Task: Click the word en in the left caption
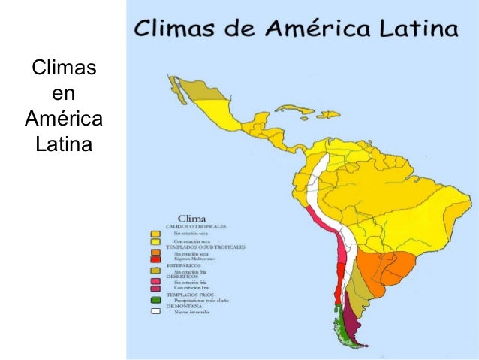(x=64, y=94)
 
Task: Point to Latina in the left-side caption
(x=64, y=141)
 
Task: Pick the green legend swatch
(x=155, y=300)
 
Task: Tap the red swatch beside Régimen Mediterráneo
(x=155, y=259)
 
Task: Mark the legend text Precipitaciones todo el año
(x=199, y=300)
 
